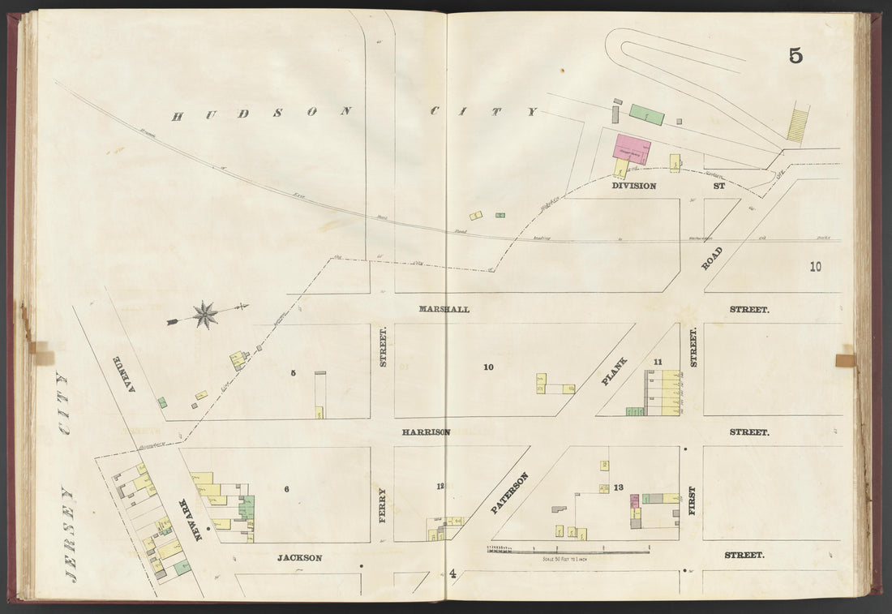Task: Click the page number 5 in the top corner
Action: pyautogui.click(x=795, y=55)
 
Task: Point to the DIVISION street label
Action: pyautogui.click(x=633, y=186)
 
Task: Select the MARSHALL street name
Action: pyautogui.click(x=444, y=309)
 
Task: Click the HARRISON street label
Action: pyautogui.click(x=426, y=432)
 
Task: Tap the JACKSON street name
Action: pyautogui.click(x=299, y=558)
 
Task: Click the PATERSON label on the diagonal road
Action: pyautogui.click(x=510, y=493)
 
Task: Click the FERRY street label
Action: pyautogui.click(x=382, y=505)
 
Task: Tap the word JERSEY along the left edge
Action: pyautogui.click(x=70, y=535)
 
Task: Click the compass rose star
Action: pyautogui.click(x=205, y=315)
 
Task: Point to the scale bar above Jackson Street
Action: pyautogui.click(x=568, y=552)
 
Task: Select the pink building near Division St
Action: pyautogui.click(x=631, y=150)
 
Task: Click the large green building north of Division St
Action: pyautogui.click(x=647, y=115)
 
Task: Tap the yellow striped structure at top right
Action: pyautogui.click(x=798, y=123)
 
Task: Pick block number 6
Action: pyautogui.click(x=286, y=488)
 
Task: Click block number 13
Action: pyautogui.click(x=619, y=487)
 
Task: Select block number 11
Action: pyautogui.click(x=658, y=362)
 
